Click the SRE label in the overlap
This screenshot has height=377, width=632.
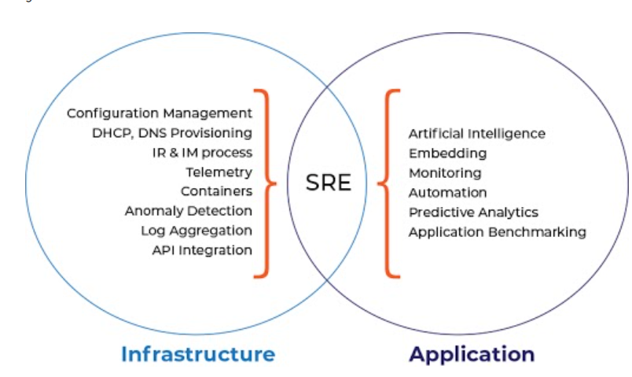(x=329, y=183)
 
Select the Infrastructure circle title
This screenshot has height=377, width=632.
(x=198, y=353)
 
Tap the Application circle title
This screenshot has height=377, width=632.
(x=472, y=353)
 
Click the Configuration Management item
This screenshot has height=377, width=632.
(x=160, y=113)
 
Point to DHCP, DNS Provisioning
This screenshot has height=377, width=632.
(x=172, y=133)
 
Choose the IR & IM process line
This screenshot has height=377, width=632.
(x=202, y=152)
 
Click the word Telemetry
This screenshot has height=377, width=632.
(x=219, y=172)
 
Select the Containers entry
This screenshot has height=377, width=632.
(x=216, y=191)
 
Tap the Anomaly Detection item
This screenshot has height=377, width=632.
(x=189, y=211)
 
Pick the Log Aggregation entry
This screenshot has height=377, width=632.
(x=197, y=231)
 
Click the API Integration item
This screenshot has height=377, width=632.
(x=202, y=250)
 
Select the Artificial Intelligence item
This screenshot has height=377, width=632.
(x=476, y=134)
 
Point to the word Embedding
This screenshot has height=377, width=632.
(x=447, y=153)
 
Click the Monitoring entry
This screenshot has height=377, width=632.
(x=445, y=173)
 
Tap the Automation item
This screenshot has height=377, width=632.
(x=447, y=193)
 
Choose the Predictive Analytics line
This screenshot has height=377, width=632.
(x=473, y=213)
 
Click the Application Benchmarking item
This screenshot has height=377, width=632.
(x=497, y=232)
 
